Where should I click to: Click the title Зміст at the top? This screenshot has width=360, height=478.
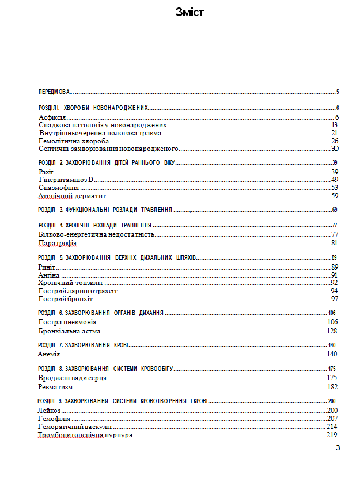[x=190, y=12]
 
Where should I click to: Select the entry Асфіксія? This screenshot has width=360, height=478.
[x=52, y=117]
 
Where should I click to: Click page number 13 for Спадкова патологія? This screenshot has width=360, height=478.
[x=334, y=125]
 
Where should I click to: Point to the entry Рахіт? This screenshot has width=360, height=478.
[x=46, y=172]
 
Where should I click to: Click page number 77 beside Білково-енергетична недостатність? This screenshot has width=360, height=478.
[x=334, y=235]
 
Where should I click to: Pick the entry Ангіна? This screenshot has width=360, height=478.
[x=48, y=275]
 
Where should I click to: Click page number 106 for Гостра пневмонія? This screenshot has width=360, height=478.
[x=332, y=323]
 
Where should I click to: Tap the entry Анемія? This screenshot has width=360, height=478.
[x=49, y=354]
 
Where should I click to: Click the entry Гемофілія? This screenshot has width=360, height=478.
[x=54, y=419]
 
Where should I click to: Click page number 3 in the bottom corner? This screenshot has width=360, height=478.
[x=338, y=448]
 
